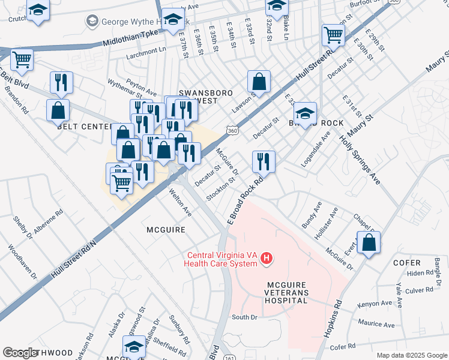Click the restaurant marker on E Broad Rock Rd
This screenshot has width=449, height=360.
264,161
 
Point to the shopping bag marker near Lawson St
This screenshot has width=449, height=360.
259,82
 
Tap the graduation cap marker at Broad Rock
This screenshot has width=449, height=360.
305,113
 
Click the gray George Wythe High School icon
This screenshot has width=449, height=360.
92,22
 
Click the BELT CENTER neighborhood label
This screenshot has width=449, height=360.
84,127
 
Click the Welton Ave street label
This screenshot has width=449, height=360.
181,204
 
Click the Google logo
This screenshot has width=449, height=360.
20,353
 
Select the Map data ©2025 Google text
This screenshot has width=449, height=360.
411,355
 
